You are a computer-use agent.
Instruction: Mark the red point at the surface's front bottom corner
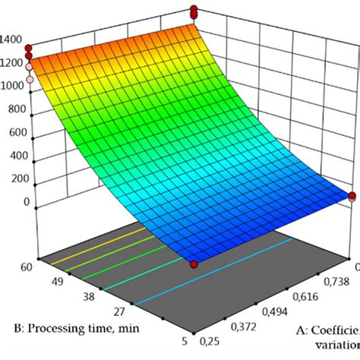tap(194, 263)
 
